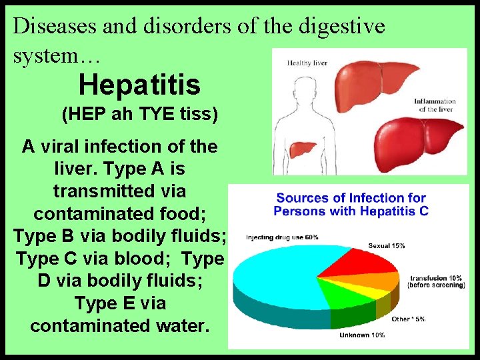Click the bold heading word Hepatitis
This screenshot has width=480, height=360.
[139, 85]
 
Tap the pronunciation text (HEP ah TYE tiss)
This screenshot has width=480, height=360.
[139, 114]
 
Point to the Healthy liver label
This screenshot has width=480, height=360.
[307, 63]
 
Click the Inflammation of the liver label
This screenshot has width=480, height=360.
[435, 105]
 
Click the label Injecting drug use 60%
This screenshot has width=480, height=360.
[282, 237]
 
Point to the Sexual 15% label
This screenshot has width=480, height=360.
[387, 245]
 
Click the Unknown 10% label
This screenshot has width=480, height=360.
[362, 335]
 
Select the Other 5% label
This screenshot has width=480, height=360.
[409, 319]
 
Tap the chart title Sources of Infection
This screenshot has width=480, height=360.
[351, 198]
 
